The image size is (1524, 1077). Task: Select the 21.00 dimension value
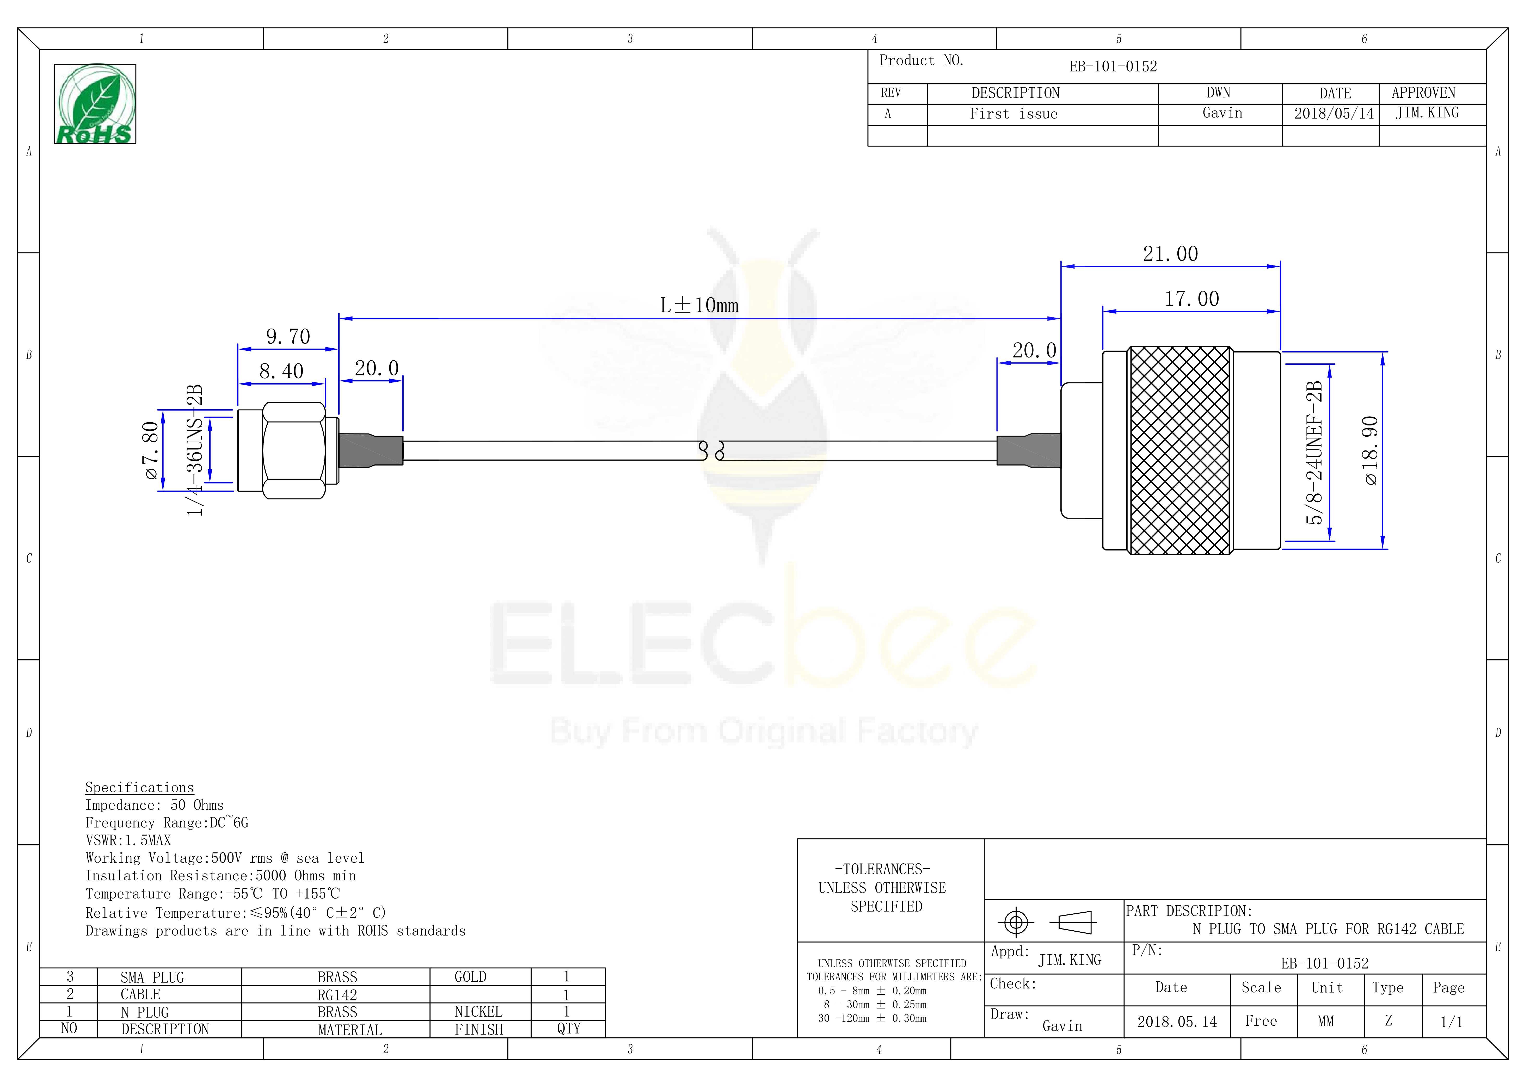1170,253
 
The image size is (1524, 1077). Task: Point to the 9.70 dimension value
288,336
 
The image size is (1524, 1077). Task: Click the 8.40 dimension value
281,371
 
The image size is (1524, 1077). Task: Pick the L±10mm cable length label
699,305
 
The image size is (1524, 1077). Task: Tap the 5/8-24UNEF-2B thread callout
1314,453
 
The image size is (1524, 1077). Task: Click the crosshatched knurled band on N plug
1179,451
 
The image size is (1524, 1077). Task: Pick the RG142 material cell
337,995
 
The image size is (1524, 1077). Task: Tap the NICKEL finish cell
478,1012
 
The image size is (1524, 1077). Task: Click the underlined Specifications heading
139,788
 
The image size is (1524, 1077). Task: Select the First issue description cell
1013,114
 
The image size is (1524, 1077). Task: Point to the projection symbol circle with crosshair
1016,923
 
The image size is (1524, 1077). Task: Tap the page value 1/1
1452,1022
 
